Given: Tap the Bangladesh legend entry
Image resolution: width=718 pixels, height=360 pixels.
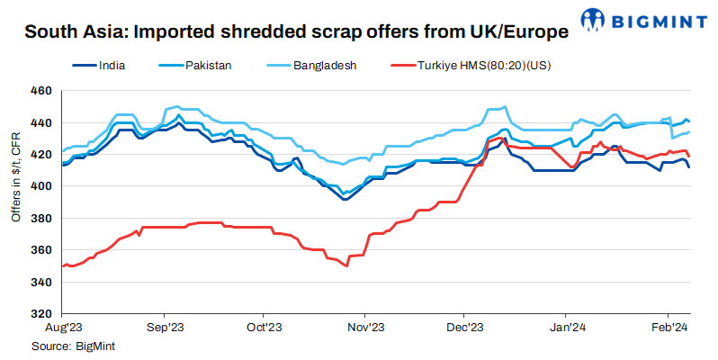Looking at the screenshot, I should [323, 66].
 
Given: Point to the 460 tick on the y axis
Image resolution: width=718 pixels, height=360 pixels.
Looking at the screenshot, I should [40, 91].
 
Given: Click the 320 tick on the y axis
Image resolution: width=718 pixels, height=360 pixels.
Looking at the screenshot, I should [40, 314].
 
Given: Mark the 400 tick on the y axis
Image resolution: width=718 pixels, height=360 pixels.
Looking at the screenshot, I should [40, 186].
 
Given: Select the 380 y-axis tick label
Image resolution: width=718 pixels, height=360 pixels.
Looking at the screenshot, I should [40, 219].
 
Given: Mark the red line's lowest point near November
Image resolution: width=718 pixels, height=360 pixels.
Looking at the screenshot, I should [346, 266].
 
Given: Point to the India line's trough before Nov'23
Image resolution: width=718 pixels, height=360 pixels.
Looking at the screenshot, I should [345, 199].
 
